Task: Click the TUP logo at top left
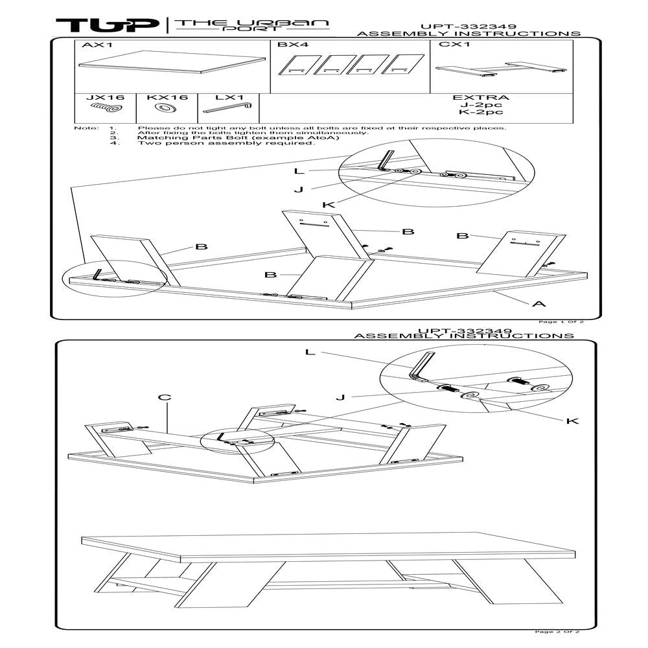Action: pos(107,25)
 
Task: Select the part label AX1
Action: pos(94,45)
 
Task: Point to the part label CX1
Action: pos(450,45)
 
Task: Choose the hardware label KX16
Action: pos(167,98)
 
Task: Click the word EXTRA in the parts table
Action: pos(480,98)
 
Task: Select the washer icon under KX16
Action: pos(167,108)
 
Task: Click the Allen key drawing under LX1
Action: pos(227,108)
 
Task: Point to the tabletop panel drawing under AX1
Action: pos(172,62)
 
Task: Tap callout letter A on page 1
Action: pos(540,303)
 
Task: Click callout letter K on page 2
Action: pos(572,421)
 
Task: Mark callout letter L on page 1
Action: pos(299,171)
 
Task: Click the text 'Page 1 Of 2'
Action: pos(561,321)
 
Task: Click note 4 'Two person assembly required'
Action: pos(226,143)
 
